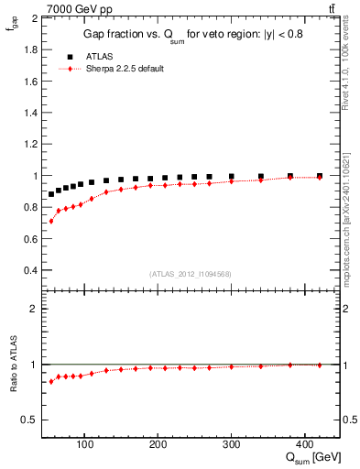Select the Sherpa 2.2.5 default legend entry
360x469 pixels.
[x=124, y=69]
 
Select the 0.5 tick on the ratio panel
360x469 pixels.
[x=29, y=420]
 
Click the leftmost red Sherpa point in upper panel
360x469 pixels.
[x=51, y=221]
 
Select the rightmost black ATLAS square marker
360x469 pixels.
[x=320, y=176]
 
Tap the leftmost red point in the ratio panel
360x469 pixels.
[x=51, y=381]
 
